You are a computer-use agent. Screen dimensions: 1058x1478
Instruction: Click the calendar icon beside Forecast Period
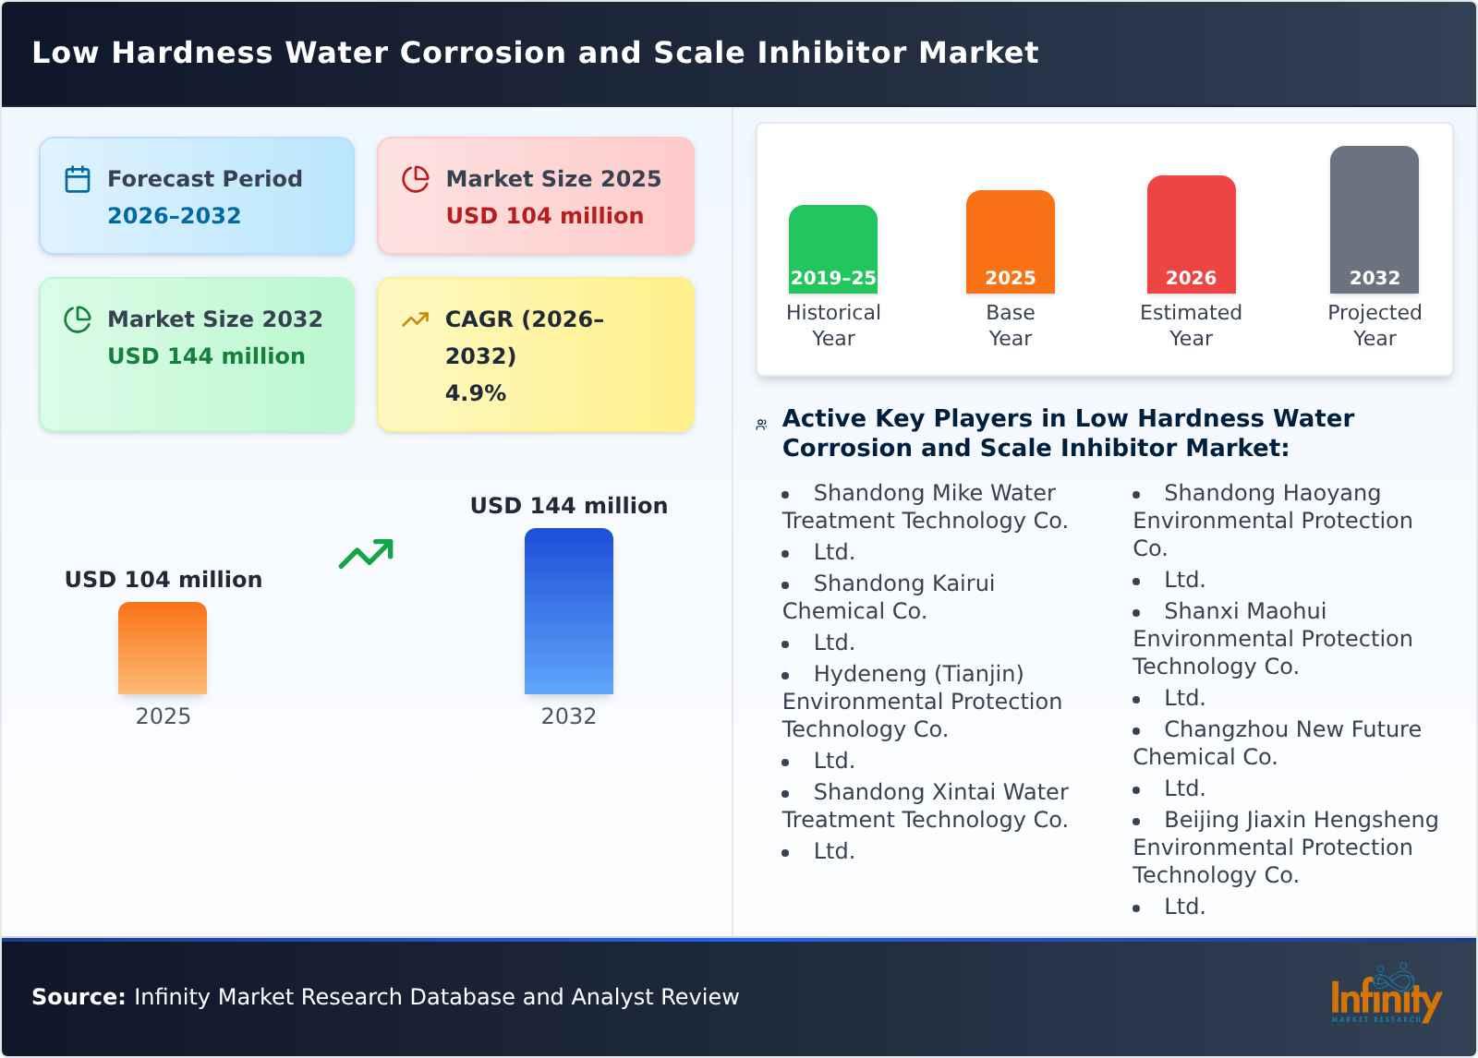[x=78, y=179]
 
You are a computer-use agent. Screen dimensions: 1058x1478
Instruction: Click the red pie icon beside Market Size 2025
[x=416, y=179]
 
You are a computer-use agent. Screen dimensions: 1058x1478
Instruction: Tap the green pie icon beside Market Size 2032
[x=78, y=319]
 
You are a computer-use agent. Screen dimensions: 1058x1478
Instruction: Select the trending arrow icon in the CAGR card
[x=416, y=319]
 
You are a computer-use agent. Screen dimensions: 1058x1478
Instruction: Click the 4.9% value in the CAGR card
[x=475, y=393]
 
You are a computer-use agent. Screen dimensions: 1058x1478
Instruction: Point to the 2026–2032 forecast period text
[x=174, y=216]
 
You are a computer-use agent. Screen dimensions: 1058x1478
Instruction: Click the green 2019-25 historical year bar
[x=832, y=249]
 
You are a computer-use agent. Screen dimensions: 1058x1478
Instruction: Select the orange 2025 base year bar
[x=1010, y=242]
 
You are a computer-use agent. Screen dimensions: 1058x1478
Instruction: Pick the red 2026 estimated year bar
[x=1191, y=234]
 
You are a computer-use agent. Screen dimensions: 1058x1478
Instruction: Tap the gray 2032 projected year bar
[x=1374, y=220]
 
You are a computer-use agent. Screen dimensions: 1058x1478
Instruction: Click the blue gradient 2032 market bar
[x=568, y=611]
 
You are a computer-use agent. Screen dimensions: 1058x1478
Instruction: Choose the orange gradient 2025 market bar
[x=163, y=648]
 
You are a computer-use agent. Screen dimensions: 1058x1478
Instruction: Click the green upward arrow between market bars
[x=367, y=554]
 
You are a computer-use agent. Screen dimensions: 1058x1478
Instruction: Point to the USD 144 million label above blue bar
[x=568, y=506]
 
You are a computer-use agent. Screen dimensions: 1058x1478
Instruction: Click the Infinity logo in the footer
[x=1385, y=997]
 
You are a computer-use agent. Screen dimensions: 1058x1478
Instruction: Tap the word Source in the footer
[x=78, y=997]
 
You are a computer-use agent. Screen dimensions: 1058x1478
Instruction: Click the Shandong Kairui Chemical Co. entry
[x=888, y=596]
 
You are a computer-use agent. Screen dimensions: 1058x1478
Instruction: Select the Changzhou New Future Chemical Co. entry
[x=1277, y=742]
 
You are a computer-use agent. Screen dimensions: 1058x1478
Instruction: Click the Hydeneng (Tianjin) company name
[x=918, y=674]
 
